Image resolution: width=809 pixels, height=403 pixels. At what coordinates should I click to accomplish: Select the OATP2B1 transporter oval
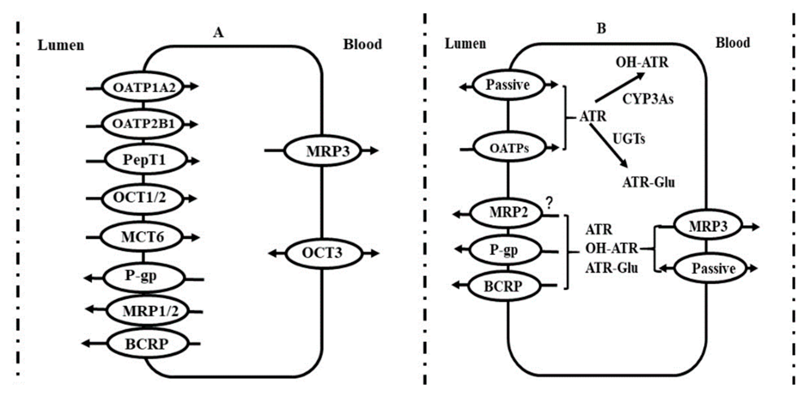(x=143, y=124)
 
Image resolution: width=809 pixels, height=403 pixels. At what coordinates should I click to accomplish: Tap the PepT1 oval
(x=145, y=160)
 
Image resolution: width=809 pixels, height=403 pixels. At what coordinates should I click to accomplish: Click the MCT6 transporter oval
(x=142, y=237)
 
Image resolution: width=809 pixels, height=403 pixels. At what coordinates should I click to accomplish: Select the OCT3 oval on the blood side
(x=323, y=253)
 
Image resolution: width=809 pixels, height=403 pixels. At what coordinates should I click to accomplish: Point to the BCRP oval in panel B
(x=503, y=286)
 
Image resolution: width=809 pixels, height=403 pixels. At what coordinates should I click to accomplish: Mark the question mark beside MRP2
(x=549, y=203)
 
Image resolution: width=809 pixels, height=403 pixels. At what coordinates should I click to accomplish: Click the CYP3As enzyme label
(x=648, y=99)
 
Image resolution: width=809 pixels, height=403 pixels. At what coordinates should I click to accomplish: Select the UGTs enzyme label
(x=629, y=139)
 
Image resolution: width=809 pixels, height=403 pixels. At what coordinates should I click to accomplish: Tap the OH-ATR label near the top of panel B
(x=642, y=62)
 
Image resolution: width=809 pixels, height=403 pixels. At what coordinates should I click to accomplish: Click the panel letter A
(x=218, y=33)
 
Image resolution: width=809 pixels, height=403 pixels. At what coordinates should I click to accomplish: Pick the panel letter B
(x=601, y=29)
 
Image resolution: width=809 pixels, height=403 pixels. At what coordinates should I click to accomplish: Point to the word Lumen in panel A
(x=61, y=45)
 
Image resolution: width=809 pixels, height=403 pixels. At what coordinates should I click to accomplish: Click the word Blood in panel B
(x=733, y=43)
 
